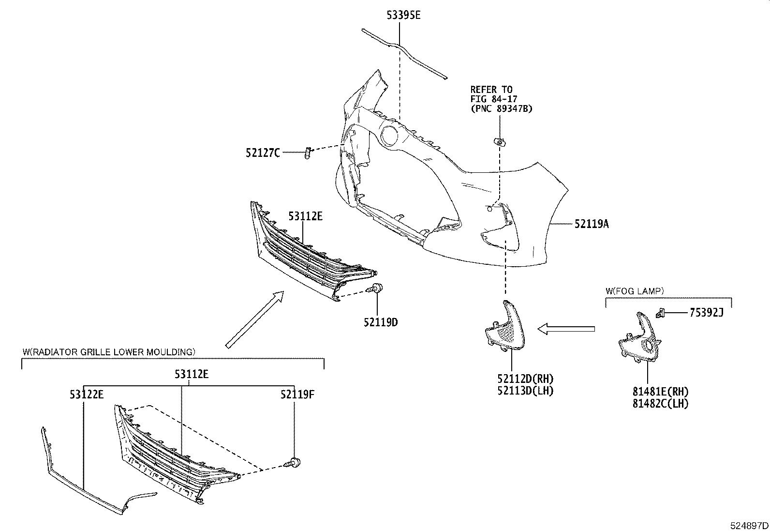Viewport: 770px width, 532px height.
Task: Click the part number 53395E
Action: pos(403,15)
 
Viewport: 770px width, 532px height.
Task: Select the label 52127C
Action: pos(262,153)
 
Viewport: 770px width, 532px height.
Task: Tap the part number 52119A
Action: pos(592,224)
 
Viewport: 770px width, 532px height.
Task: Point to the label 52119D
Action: pos(381,322)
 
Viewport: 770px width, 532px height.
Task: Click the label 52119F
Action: pos(297,395)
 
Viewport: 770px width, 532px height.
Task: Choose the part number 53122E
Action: pos(86,395)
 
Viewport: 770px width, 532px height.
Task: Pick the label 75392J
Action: pos(706,313)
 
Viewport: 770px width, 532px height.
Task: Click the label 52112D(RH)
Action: pos(524,379)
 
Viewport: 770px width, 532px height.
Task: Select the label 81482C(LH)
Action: pos(660,403)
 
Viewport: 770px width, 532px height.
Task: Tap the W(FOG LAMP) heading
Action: pos(635,291)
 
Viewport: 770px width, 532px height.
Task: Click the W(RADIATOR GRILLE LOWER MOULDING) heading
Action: pos(109,351)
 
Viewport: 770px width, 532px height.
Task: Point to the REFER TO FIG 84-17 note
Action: pos(501,99)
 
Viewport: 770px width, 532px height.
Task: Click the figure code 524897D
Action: pos(749,525)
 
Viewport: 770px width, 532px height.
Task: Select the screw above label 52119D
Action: pos(375,289)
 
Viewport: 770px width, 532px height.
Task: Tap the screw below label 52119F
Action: pos(293,462)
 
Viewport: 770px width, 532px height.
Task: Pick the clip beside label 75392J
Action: pos(661,313)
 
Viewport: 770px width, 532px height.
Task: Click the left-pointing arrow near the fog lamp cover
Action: pos(566,329)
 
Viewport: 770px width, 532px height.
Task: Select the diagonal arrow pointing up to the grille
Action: pos(255,319)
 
